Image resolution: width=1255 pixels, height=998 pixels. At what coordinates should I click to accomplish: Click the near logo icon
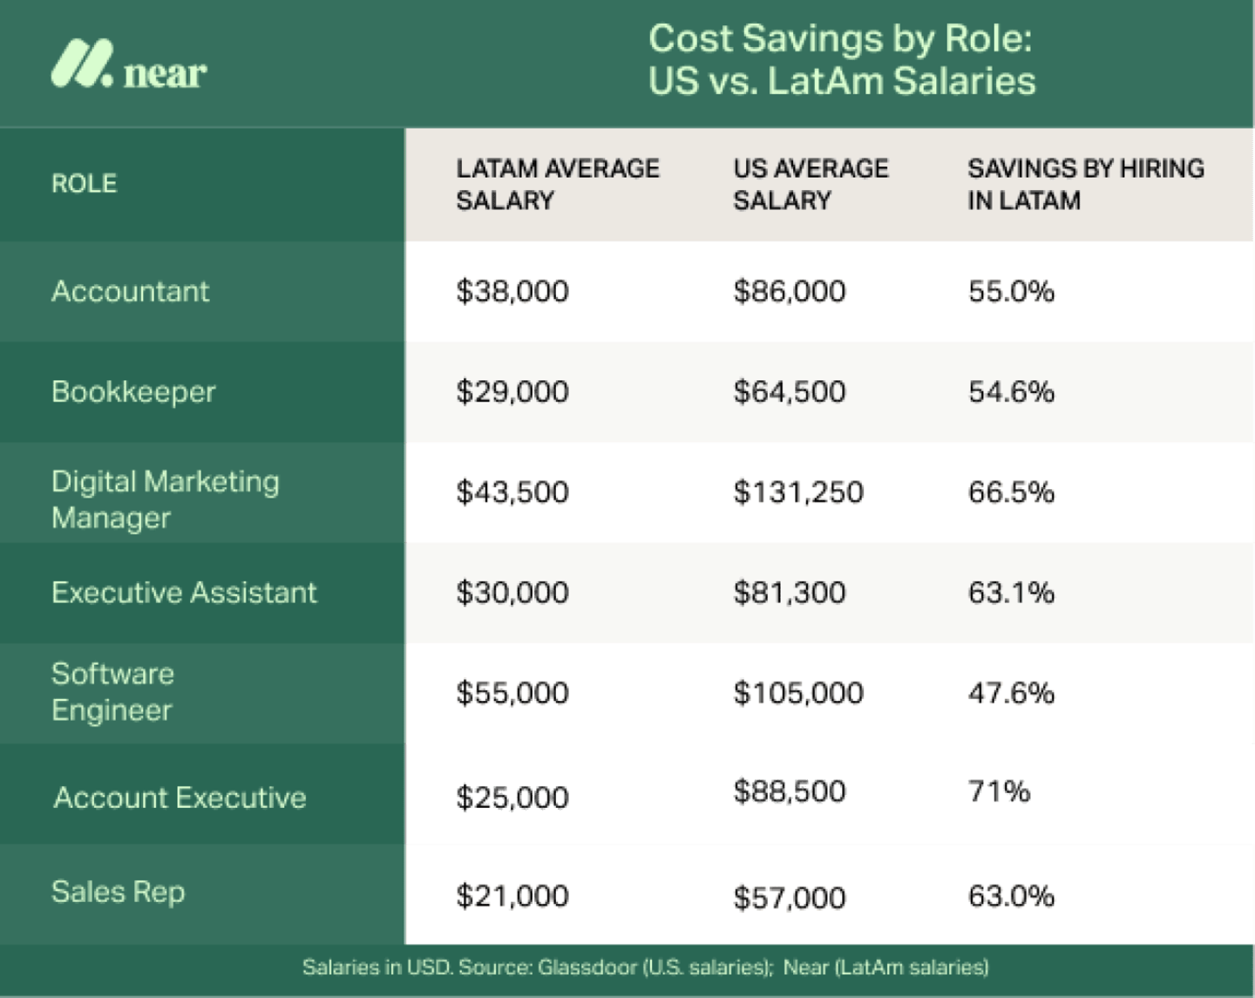click(x=82, y=64)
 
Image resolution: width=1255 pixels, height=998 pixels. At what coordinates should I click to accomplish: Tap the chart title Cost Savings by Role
click(x=840, y=39)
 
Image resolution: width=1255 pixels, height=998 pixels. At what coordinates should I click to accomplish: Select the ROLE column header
click(x=84, y=184)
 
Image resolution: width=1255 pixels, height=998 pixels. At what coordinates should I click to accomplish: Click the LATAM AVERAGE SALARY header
click(x=557, y=184)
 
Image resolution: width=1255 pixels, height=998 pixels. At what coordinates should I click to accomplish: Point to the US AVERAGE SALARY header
click(x=811, y=184)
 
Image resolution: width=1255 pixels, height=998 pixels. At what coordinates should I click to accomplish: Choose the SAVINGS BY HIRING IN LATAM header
click(x=1085, y=184)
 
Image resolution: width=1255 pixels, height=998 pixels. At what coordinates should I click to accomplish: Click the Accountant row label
click(x=130, y=291)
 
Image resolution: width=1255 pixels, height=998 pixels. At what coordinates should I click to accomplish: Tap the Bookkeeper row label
click(x=133, y=392)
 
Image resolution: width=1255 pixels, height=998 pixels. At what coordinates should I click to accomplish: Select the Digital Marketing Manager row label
click(x=165, y=499)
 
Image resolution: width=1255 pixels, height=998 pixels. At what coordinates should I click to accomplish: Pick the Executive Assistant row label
click(x=184, y=593)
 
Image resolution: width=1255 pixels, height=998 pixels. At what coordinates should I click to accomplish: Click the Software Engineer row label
click(x=112, y=692)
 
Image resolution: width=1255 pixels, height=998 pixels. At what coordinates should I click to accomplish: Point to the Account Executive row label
click(x=180, y=798)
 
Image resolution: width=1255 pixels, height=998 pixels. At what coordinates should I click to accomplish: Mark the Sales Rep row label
click(x=118, y=892)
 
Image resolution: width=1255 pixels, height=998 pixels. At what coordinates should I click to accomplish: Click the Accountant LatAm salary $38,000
click(x=512, y=291)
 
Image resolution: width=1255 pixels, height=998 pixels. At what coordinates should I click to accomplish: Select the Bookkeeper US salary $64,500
click(x=789, y=392)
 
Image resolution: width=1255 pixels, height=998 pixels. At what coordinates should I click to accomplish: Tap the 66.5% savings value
click(x=1011, y=492)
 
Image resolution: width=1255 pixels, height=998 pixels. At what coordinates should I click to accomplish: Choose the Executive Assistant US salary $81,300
click(x=789, y=593)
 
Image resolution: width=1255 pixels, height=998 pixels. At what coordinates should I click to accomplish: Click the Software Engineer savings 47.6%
click(x=1011, y=693)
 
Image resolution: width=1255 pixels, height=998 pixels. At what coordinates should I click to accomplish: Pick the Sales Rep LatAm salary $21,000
click(x=512, y=896)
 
